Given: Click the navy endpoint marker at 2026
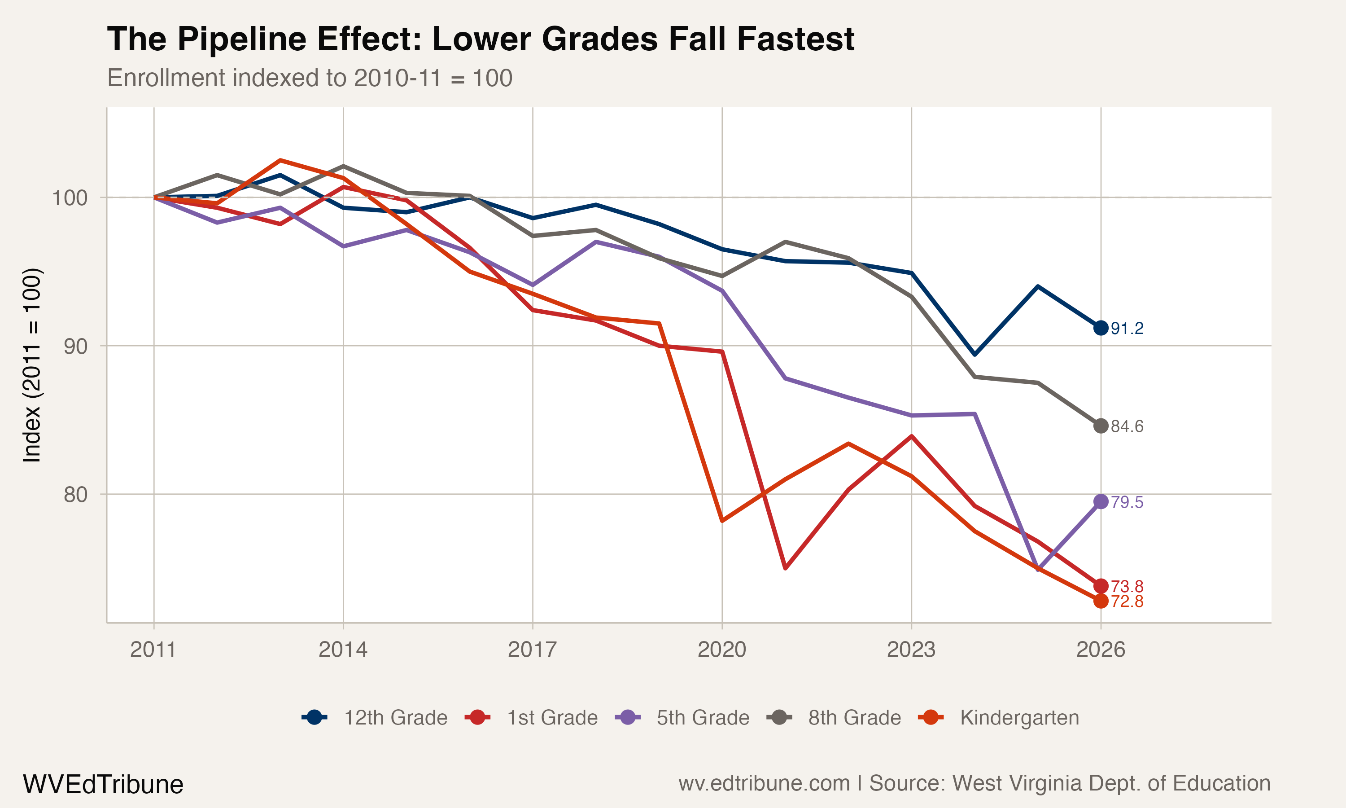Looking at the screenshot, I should (1101, 328).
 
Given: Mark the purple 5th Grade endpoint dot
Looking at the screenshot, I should (1101, 501).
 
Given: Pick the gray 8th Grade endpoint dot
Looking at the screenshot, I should (1101, 426).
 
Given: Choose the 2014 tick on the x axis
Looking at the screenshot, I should (343, 650).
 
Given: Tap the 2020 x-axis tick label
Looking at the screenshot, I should (721, 650).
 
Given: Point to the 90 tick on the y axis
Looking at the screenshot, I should (75, 346).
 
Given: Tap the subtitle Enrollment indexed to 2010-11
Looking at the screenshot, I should (310, 78).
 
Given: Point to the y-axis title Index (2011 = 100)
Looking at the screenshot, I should (31, 365).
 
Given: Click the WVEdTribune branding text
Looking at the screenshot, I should (103, 785).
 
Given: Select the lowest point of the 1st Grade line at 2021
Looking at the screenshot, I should (785, 568).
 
